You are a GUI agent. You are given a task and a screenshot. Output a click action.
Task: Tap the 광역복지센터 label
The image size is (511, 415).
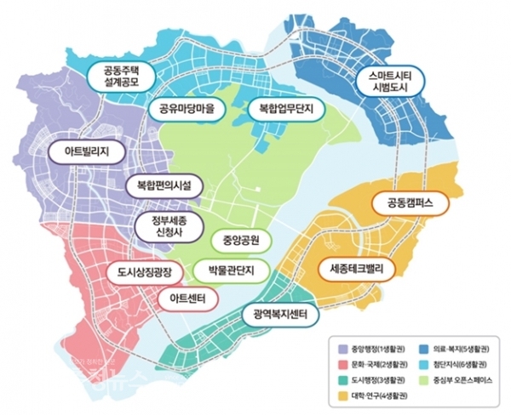click(x=280, y=315)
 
